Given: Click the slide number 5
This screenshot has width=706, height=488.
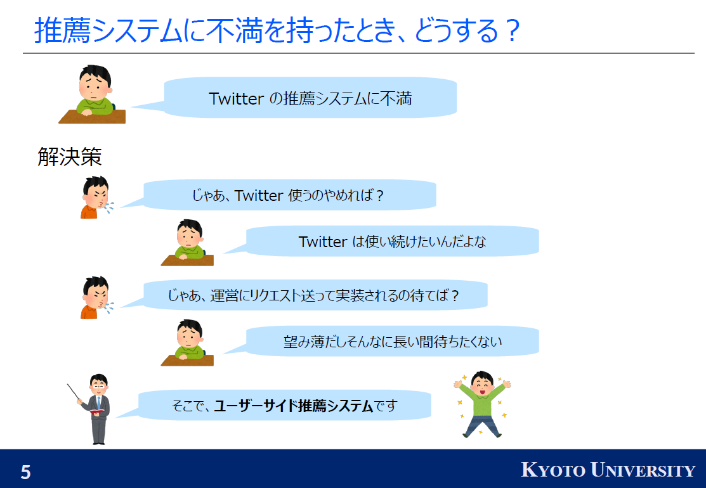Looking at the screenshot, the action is point(25,472).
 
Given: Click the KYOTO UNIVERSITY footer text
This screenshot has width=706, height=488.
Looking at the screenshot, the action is point(608,470).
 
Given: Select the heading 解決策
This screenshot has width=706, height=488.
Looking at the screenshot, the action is point(70,157).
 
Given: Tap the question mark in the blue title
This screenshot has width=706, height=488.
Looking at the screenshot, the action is point(513,30).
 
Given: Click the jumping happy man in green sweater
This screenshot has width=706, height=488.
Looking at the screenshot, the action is point(482,404).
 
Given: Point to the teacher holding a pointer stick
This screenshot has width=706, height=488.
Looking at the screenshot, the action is point(94,409).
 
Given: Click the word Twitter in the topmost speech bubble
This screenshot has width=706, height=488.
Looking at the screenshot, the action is point(237,98).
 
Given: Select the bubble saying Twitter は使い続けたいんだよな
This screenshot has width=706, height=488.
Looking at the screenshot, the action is point(392,241).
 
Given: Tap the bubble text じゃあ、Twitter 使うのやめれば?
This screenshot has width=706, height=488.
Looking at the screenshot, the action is point(288,196).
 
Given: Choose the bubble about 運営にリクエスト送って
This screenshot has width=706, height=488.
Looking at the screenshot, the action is point(313,295).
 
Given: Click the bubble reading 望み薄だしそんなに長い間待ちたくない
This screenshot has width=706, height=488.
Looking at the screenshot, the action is point(392,342).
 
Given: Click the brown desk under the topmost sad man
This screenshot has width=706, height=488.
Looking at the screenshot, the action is point(93,117).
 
